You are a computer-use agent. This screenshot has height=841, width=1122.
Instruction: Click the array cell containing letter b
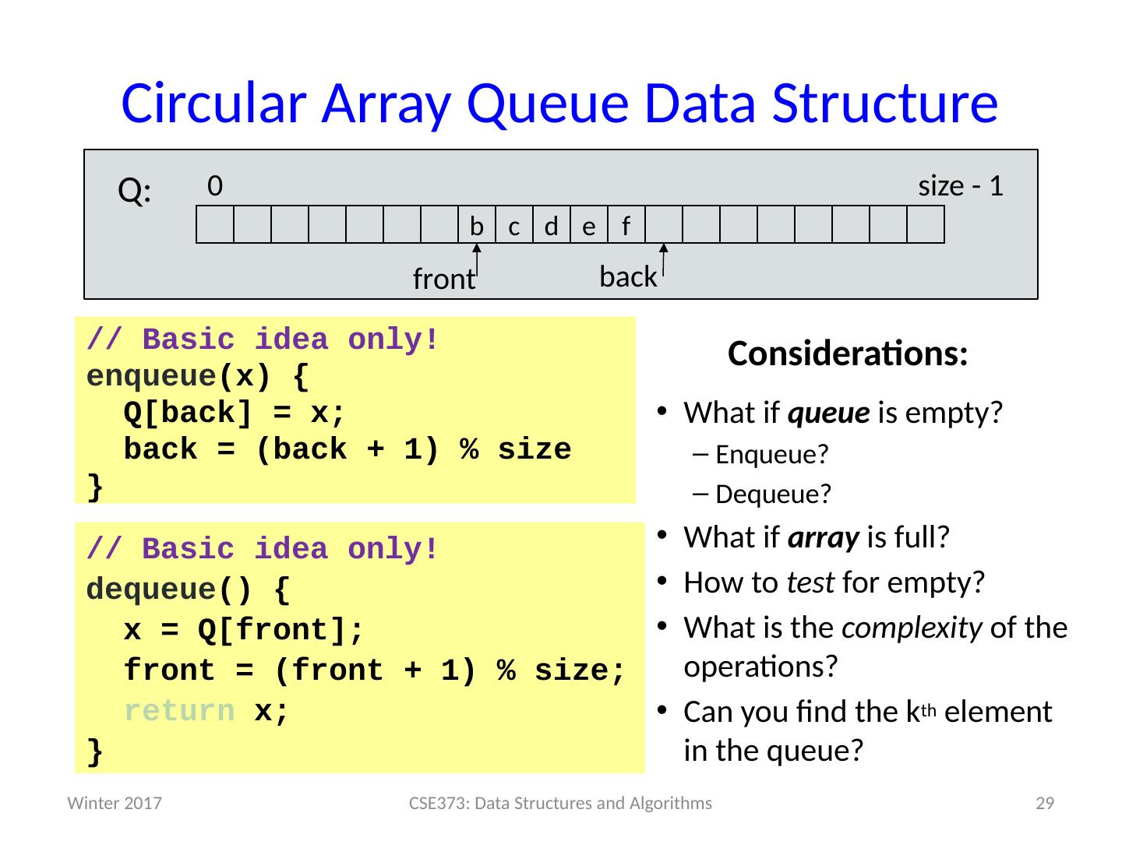(477, 226)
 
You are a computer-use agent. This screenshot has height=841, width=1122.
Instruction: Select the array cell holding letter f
(626, 226)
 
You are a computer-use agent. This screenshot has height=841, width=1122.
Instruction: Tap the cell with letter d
(552, 226)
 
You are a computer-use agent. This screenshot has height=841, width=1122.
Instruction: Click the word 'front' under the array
(443, 279)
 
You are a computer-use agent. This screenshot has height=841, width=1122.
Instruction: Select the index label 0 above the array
(216, 185)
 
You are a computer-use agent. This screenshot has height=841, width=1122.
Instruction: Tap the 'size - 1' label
(960, 186)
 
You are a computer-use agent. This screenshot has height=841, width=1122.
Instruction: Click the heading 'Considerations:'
(848, 354)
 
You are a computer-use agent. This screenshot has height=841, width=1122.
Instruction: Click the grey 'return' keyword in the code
(179, 711)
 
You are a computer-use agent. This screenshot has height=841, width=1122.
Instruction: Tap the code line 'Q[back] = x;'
(234, 413)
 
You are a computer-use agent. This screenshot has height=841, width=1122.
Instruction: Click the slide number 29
(1044, 804)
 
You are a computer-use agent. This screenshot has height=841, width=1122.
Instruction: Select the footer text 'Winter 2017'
(115, 804)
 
